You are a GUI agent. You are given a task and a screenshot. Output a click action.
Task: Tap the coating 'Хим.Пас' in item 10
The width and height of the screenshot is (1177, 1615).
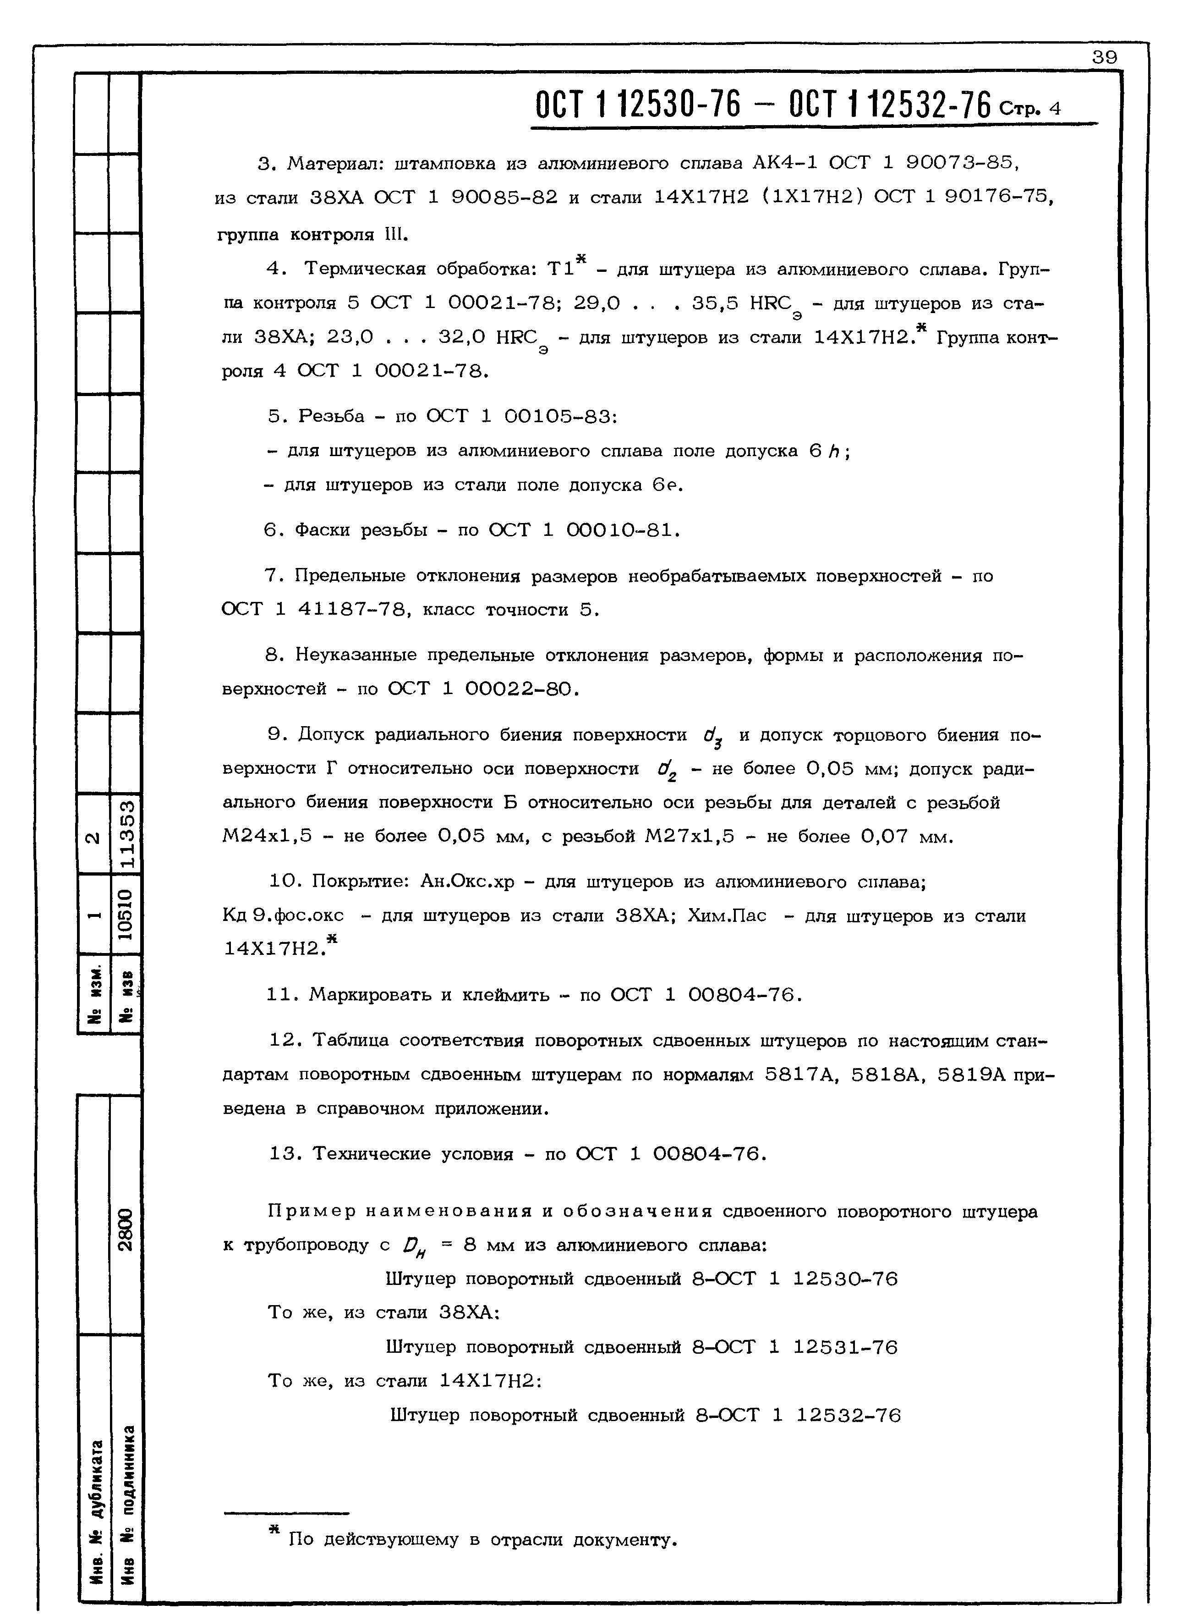(x=727, y=916)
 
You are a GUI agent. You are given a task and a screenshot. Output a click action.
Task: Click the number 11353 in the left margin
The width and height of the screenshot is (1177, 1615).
(x=126, y=832)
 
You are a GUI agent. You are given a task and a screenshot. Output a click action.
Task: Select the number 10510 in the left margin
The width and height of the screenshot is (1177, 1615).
(x=126, y=915)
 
